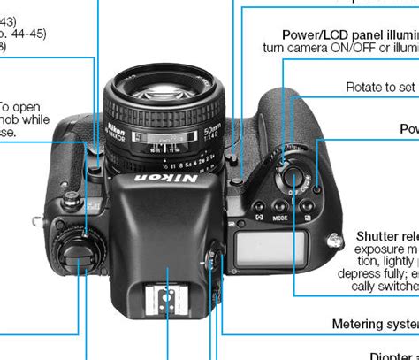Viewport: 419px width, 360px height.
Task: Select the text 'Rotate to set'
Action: coord(381,87)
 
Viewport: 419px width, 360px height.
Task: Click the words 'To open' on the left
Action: coord(19,107)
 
